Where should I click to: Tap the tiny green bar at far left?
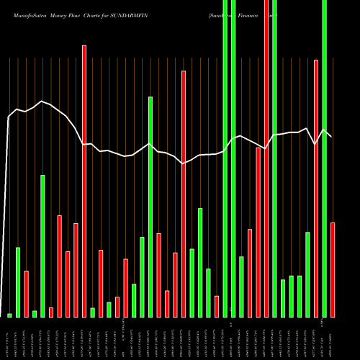pos(9,315)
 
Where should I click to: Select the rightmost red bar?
pos(333,270)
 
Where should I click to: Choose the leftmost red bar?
pos(26,294)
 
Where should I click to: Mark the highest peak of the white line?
pos(42,102)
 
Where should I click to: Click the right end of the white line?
pos(331,137)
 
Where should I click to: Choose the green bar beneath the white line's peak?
pos(42,246)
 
